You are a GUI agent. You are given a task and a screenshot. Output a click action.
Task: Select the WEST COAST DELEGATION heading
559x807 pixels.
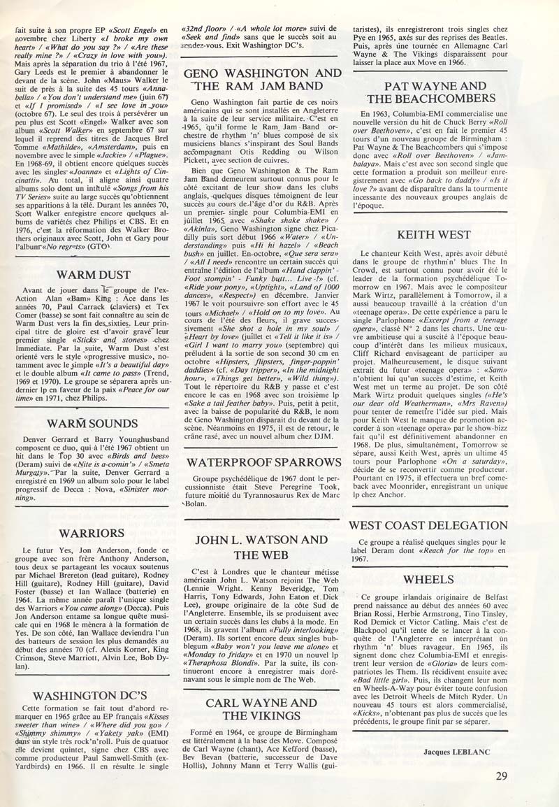pyautogui.click(x=438, y=525)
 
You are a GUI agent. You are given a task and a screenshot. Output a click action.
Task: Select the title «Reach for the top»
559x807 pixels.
pyautogui.click(x=447, y=551)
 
